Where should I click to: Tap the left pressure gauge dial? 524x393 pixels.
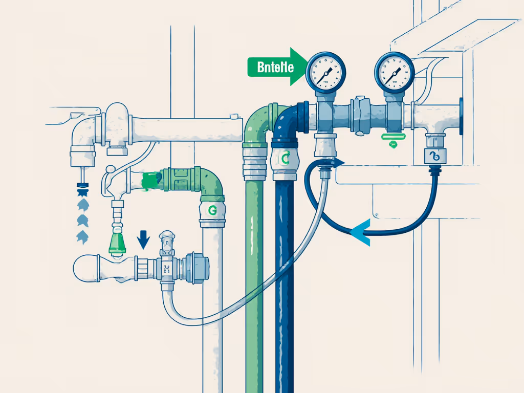(326, 71)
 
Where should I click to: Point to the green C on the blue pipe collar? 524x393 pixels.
(285, 159)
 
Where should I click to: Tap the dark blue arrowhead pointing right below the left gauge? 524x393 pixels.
(339, 162)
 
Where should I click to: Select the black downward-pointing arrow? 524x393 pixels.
(144, 239)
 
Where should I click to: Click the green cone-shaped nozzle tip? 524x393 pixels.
(118, 242)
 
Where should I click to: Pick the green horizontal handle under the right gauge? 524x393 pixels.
(394, 137)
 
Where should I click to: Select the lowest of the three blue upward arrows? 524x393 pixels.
(82, 237)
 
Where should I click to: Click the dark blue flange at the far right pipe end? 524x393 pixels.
(462, 117)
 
